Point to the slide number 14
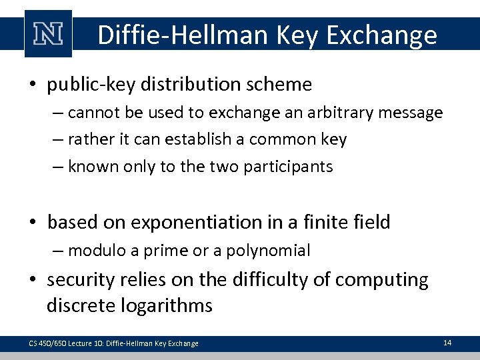pos(447,343)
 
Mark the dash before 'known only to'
pos(59,167)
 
